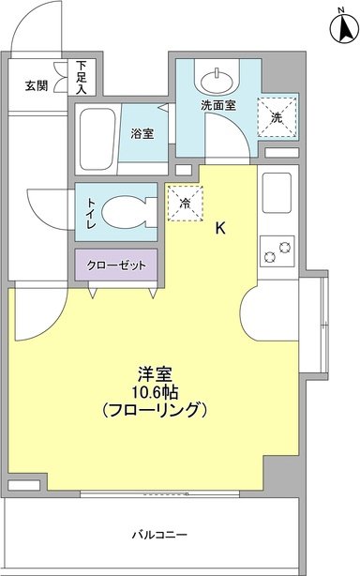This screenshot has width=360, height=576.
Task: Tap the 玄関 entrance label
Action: pyautogui.click(x=37, y=84)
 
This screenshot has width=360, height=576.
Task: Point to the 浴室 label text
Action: pyautogui.click(x=142, y=134)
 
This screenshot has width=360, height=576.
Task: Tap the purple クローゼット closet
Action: pyautogui.click(x=116, y=265)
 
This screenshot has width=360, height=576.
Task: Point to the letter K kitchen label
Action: pyautogui.click(x=220, y=227)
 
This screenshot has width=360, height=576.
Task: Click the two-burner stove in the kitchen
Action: pyautogui.click(x=277, y=251)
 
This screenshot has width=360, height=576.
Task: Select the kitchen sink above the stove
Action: pyautogui.click(x=277, y=193)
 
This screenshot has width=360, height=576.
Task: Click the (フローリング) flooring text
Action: pyautogui.click(x=157, y=411)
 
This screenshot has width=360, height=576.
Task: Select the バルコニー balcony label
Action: pyautogui.click(x=158, y=535)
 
